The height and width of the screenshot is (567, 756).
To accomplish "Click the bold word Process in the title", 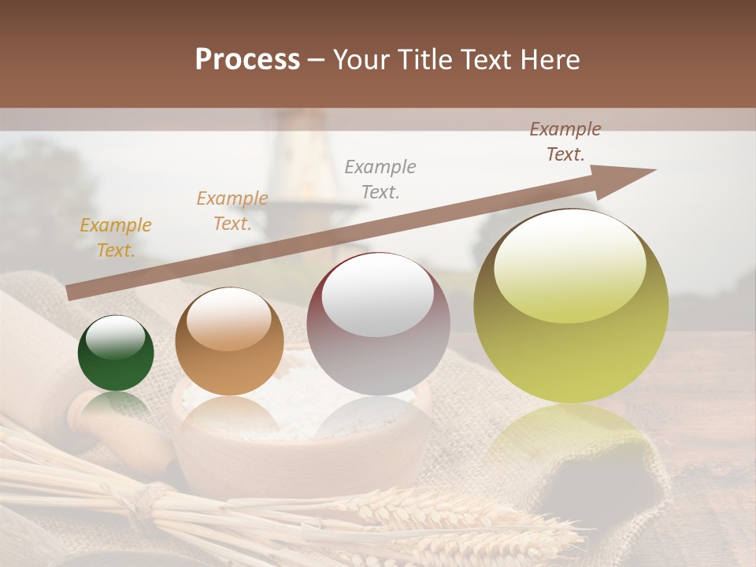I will click(x=247, y=60).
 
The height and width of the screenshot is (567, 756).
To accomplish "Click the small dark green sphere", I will click(x=116, y=354).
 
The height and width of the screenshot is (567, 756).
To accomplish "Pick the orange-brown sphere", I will click(x=229, y=341).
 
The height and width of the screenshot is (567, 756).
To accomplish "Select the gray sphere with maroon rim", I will click(x=378, y=324).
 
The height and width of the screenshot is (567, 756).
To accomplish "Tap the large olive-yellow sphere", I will click(x=571, y=306).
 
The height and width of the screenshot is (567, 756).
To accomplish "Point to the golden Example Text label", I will click(x=116, y=238).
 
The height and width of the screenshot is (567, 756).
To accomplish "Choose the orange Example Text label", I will click(x=232, y=211).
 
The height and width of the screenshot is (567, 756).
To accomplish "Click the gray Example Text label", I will click(x=380, y=179).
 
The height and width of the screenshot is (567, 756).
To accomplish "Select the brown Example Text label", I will click(x=565, y=142).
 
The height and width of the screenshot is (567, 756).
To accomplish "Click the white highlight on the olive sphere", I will click(x=569, y=265).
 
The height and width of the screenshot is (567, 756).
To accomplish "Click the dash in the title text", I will click(x=317, y=61).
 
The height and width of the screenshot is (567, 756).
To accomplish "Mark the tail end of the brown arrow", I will click(x=71, y=292).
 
